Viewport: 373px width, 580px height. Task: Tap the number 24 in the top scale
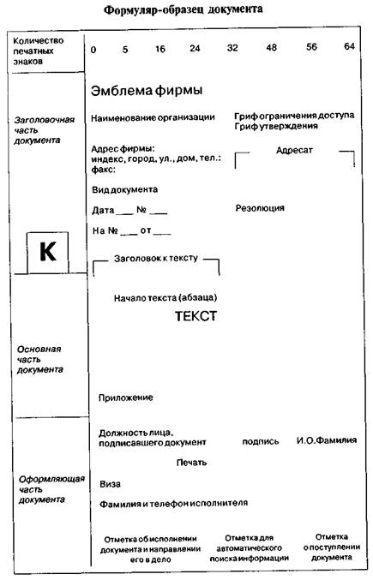pos(195,49)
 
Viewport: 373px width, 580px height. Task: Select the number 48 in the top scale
pos(272,49)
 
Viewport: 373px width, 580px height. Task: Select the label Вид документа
pos(124,189)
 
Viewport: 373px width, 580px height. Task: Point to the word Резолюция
pos(260,208)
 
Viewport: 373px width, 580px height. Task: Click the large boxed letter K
pos(48,252)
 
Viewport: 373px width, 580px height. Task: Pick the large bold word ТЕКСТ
pos(196,316)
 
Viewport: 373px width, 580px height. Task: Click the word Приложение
pos(126,398)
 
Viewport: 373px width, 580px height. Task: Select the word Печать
pos(192,463)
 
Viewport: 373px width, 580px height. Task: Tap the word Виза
pos(109,483)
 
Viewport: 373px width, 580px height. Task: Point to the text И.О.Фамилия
pos(327,441)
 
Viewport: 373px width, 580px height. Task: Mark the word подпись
pos(261,441)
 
